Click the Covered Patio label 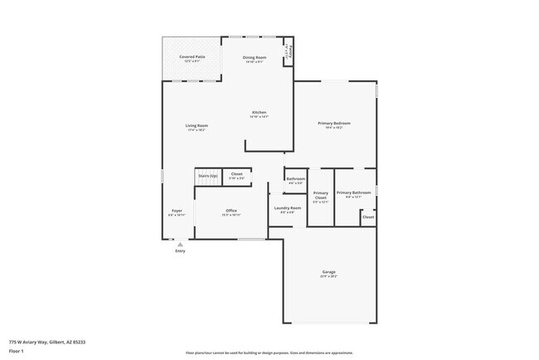(x=193, y=57)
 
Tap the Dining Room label (x=255, y=57)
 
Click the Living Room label (x=197, y=126)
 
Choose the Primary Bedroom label (x=334, y=124)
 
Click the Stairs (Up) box (x=206, y=176)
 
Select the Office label (x=231, y=211)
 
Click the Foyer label (x=177, y=211)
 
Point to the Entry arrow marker (x=180, y=244)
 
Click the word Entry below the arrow (x=180, y=251)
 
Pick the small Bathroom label (x=295, y=179)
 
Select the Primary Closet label (x=321, y=197)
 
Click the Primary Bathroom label (x=353, y=192)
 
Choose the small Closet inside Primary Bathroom (x=367, y=216)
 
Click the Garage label (x=328, y=272)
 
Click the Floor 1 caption (x=16, y=351)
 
